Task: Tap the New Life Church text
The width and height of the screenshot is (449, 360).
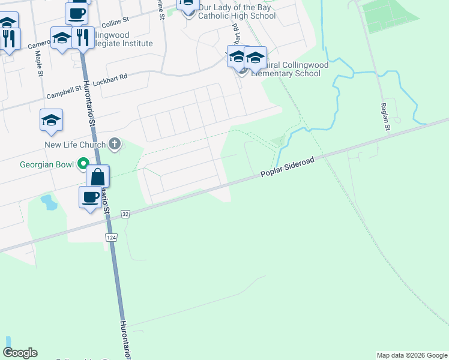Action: pos(75,145)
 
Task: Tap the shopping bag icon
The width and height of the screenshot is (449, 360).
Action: pos(98,177)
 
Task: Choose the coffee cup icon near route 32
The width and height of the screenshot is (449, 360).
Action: pos(91,197)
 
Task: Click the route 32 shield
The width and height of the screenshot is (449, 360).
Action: pos(125,214)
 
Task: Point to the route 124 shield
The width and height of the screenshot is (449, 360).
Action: pos(112,238)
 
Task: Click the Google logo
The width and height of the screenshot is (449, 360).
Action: pos(20,353)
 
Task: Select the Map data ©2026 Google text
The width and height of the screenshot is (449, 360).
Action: pos(412,355)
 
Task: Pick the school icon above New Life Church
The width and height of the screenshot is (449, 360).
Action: pos(52,120)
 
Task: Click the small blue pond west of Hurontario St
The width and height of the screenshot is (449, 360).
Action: pos(49,203)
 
